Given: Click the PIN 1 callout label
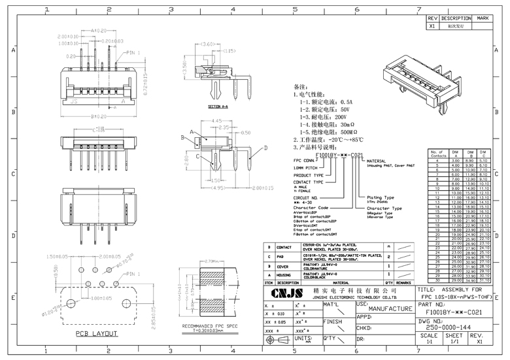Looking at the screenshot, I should tap(133, 52).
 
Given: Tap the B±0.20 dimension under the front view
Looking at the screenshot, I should tap(99, 116).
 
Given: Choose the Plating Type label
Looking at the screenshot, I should tap(380, 197).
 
